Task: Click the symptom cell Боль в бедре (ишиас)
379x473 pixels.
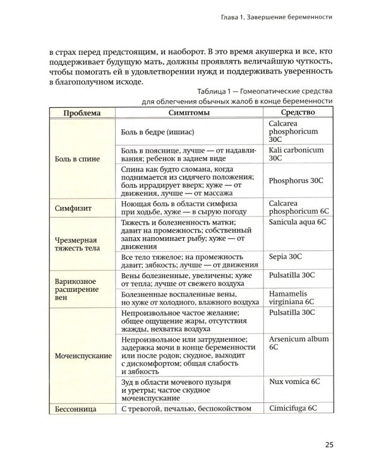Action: tap(157, 132)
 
